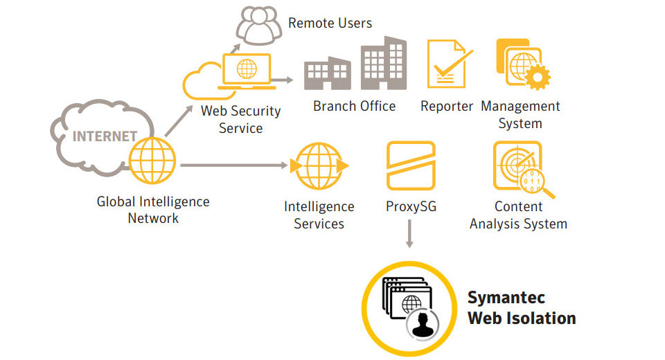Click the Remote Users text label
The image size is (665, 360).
[330, 23]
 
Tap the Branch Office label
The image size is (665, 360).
[354, 106]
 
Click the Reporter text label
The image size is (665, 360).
[447, 106]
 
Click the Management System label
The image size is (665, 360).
[520, 115]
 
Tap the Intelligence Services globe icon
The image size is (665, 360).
[319, 166]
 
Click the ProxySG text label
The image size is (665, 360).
[411, 206]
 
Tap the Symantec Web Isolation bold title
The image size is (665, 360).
[521, 308]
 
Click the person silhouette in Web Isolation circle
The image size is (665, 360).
[421, 325]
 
